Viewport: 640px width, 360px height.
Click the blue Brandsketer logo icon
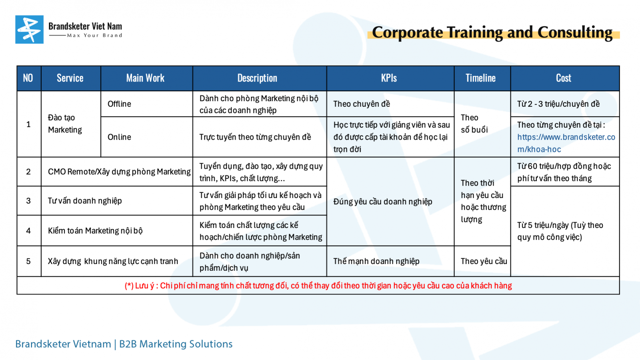(x=30, y=30)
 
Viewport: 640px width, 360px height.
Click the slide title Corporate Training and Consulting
(x=492, y=32)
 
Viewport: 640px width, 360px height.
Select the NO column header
(x=28, y=78)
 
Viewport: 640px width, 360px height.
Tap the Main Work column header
(x=146, y=78)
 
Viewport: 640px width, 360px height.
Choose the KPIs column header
(x=389, y=78)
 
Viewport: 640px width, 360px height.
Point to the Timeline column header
(x=480, y=78)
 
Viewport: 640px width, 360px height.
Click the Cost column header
(x=564, y=78)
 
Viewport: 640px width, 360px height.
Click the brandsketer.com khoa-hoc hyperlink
(x=566, y=143)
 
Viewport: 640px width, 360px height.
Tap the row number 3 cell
(x=28, y=201)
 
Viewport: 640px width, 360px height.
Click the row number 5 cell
(x=28, y=261)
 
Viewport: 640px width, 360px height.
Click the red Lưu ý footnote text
(x=318, y=286)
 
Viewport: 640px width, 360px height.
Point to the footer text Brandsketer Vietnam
(x=63, y=344)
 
